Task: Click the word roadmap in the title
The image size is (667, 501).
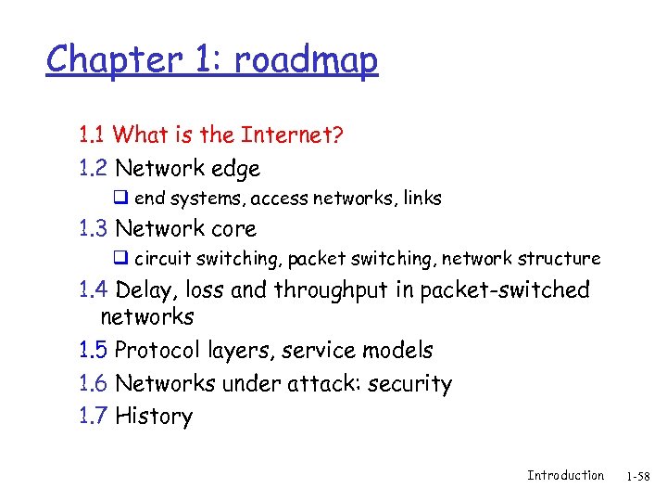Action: pos(306,61)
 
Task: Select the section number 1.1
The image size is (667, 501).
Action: pos(92,135)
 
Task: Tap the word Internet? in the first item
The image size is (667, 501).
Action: pos(292,135)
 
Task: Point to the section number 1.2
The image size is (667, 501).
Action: pos(93,169)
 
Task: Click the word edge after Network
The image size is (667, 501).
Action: pos(235,169)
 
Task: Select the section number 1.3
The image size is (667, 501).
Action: pos(93,229)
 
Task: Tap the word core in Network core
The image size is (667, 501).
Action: pos(233,229)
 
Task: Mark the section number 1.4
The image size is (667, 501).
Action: pos(94,290)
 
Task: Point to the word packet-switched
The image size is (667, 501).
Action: pos(505,290)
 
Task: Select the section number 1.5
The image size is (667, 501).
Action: pos(93,351)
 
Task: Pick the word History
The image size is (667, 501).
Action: pos(154,417)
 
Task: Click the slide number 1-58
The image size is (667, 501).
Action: pos(638,477)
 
